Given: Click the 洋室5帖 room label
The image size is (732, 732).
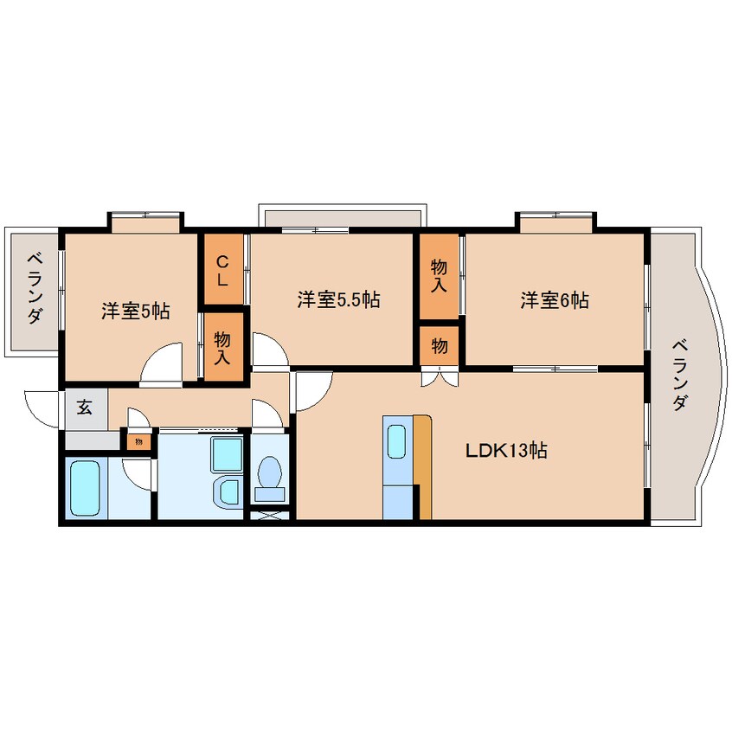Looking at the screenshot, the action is pyautogui.click(x=135, y=311).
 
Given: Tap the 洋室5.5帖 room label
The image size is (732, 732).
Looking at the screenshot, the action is pyautogui.click(x=338, y=299).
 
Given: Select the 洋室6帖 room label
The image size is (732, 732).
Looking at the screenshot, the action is pyautogui.click(x=555, y=299).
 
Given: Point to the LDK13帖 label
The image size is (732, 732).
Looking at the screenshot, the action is pyautogui.click(x=506, y=451).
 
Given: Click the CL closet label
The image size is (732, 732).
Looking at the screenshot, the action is pyautogui.click(x=222, y=272).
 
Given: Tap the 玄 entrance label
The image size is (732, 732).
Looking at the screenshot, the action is pyautogui.click(x=85, y=408).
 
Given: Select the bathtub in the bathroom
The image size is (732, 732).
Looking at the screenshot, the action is pyautogui.click(x=85, y=487).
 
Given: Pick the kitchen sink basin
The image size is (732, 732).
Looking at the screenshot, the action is pyautogui.click(x=397, y=441).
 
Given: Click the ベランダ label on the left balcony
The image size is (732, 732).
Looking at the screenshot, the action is pyautogui.click(x=35, y=287).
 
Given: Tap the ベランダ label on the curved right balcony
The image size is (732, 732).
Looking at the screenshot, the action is pyautogui.click(x=680, y=376).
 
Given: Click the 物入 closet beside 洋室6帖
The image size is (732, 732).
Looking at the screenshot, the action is pyautogui.click(x=439, y=275).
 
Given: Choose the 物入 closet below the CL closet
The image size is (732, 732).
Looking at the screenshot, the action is pyautogui.click(x=222, y=347).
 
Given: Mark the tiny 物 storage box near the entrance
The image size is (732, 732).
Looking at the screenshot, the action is pyautogui.click(x=138, y=441).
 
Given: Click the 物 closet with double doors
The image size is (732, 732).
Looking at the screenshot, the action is pyautogui.click(x=440, y=346).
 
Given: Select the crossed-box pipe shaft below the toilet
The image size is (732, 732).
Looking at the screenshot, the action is pyautogui.click(x=270, y=516).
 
